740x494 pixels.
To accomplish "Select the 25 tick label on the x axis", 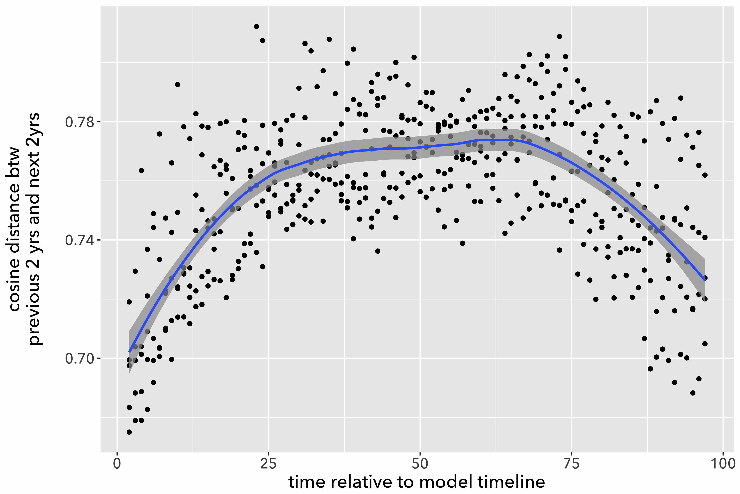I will (x=268, y=464).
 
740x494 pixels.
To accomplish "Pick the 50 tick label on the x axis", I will (x=420, y=464).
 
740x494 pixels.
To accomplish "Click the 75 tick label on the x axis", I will (x=571, y=464).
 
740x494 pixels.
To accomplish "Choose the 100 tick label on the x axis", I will (x=723, y=464).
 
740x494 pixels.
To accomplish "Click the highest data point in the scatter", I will (x=256, y=27).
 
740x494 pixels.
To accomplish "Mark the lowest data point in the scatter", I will (x=129, y=432).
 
